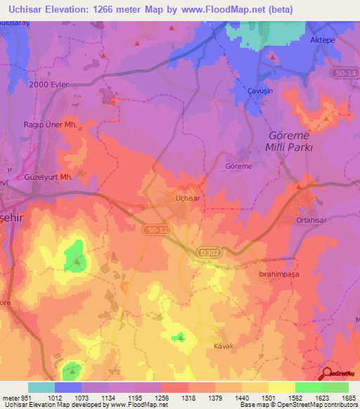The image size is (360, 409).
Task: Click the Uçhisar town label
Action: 188,199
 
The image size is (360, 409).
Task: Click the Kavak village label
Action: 224,346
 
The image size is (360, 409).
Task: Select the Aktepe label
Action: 324,40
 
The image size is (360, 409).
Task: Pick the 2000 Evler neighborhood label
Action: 49,84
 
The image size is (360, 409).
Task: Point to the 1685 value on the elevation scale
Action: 347,398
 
